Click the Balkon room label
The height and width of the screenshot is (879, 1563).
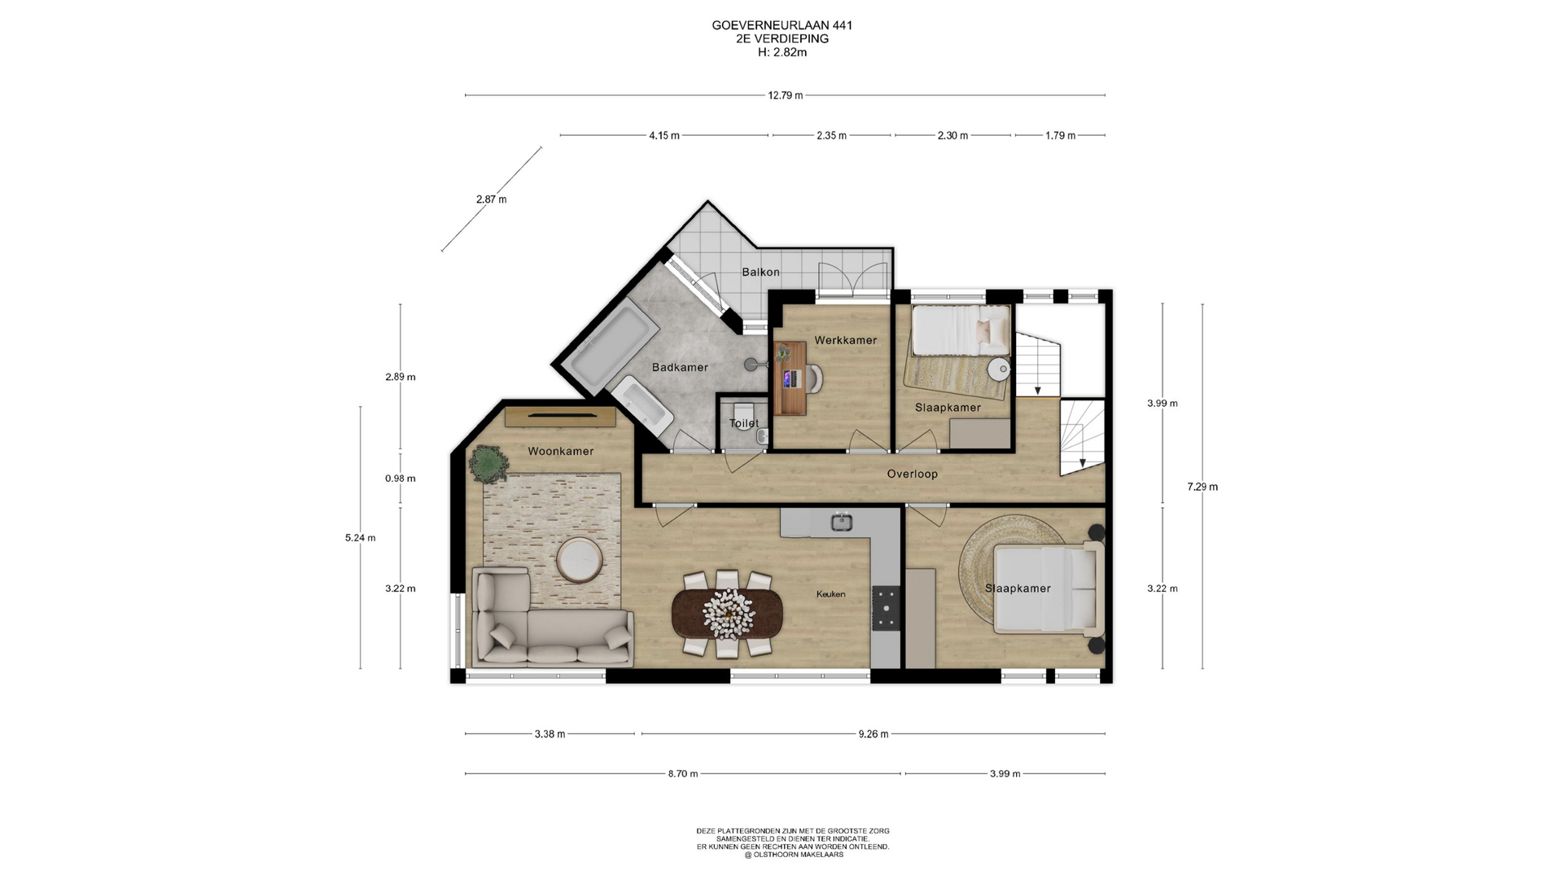pos(760,272)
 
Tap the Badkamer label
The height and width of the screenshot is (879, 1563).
pos(680,367)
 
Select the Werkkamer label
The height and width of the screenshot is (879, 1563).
pos(846,340)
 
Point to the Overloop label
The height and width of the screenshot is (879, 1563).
pos(913,474)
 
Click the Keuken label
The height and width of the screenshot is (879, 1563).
pos(831,594)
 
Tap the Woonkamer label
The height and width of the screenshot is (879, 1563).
pos(561,451)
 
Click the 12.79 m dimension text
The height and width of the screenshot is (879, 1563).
pos(786,95)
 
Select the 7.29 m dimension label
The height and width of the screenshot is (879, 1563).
pos(1202,487)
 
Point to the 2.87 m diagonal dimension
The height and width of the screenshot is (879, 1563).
pos(491,199)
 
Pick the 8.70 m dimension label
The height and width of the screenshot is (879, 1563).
pos(683,773)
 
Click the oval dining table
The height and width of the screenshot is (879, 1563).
pos(728,613)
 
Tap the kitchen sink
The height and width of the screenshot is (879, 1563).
pos(842,522)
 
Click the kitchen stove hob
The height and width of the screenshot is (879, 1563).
pos(886,608)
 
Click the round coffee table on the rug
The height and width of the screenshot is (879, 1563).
pos(580,560)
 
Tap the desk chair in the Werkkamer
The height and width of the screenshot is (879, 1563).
pos(812,378)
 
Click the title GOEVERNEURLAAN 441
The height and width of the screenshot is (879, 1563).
pos(782,25)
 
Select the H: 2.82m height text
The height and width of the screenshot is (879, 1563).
pos(782,52)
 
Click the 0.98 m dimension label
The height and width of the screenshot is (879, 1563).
pos(401,479)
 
